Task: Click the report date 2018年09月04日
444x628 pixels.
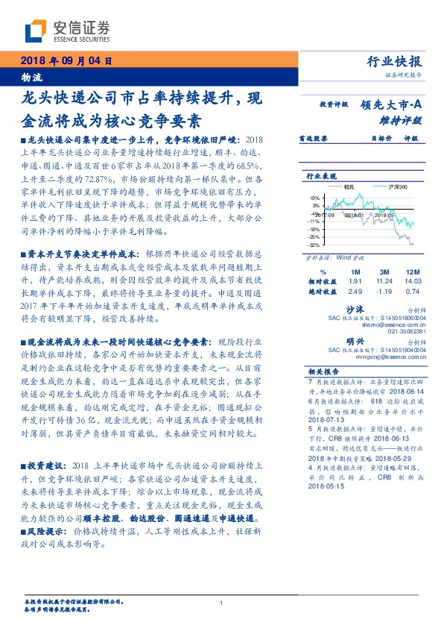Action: tap(66, 60)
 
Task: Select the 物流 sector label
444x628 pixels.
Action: tap(31, 77)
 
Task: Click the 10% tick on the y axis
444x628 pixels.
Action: tap(315, 198)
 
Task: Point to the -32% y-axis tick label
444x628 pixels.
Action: tap(314, 245)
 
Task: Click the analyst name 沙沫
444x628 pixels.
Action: tap(374, 307)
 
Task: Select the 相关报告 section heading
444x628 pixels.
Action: tap(323, 371)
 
